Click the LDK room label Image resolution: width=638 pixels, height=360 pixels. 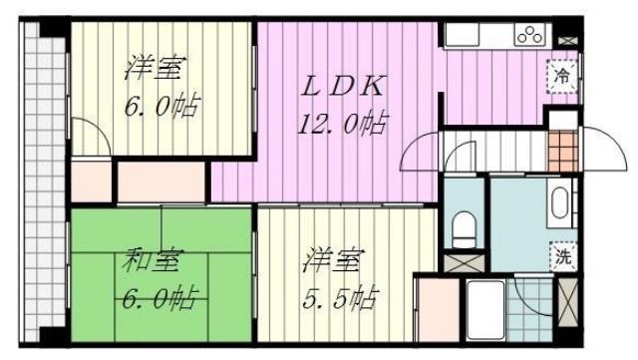point(343,87)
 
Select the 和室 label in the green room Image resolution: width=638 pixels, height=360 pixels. point(152,262)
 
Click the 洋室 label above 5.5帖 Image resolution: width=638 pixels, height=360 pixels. point(334,263)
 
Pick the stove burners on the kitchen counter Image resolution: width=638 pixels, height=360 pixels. point(528,36)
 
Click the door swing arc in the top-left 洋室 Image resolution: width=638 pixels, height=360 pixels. point(87,134)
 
